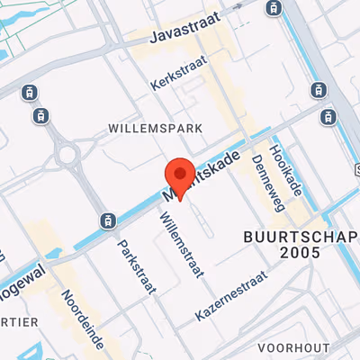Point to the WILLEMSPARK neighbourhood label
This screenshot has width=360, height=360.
155,129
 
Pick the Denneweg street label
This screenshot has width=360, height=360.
268,181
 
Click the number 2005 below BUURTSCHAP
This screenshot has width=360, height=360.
300,254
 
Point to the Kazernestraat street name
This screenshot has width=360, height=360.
231,297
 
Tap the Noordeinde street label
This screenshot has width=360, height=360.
82,319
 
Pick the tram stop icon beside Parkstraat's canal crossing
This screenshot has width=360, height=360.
107,220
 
